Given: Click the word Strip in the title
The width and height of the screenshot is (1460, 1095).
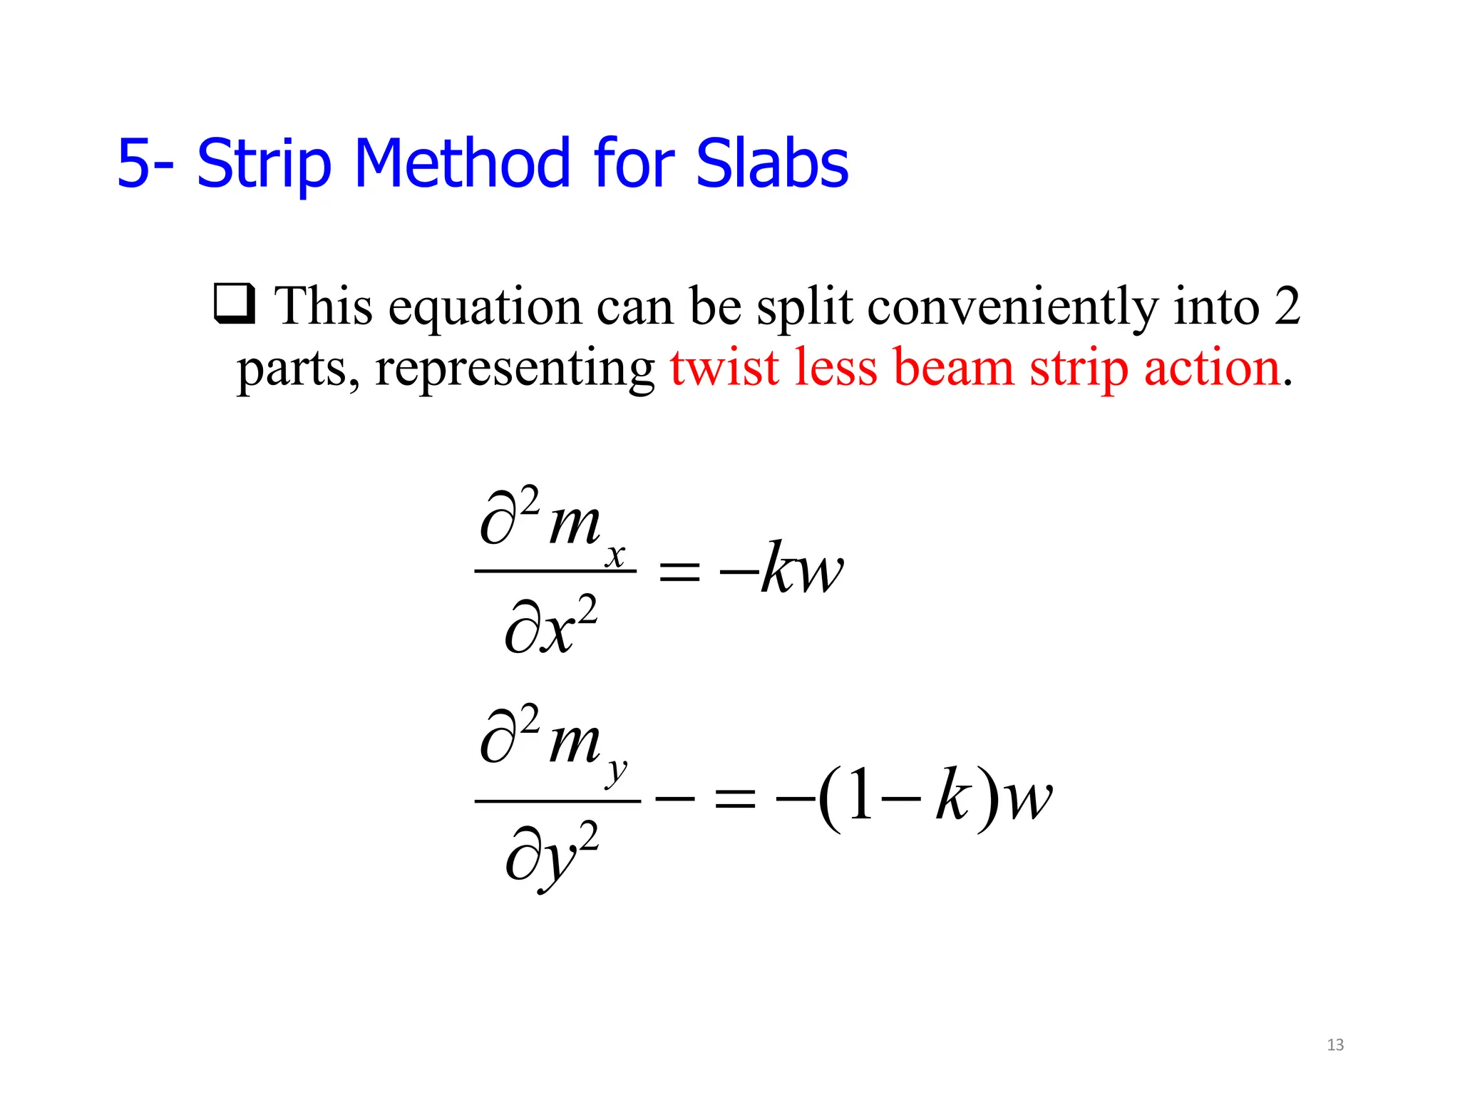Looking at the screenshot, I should [264, 165].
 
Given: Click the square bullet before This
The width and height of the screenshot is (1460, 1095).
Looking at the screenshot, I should [235, 304].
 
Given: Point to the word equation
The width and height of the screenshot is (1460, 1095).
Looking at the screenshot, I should [484, 307].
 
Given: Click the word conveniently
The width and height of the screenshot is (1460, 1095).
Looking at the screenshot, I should [1012, 307].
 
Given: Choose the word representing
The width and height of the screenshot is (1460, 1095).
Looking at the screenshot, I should [515, 369].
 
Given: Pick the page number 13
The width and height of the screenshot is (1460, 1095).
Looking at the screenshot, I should [1335, 1045].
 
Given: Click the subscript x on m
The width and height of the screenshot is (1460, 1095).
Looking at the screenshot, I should [615, 555].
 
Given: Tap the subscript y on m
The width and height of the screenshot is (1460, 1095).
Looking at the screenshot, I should [617, 772].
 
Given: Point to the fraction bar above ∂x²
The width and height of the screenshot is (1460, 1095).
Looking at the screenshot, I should [555, 571].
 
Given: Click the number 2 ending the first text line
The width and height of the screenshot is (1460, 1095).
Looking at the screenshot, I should [1287, 306].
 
